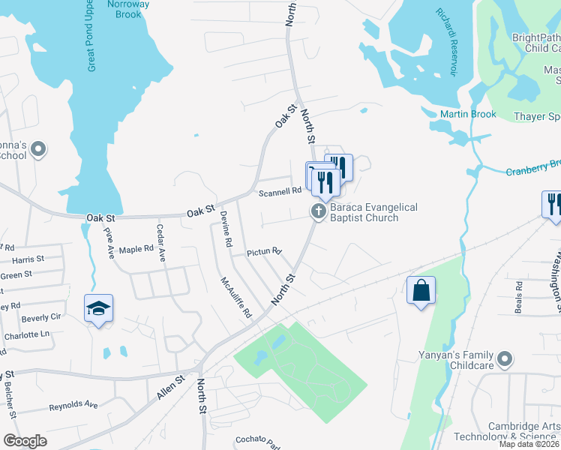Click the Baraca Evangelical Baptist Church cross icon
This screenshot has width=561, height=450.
[319, 211]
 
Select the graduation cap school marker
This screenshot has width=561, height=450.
[98, 309]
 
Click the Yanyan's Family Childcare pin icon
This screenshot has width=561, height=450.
[505, 358]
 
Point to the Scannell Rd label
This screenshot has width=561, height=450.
[280, 192]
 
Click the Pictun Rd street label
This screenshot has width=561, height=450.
[264, 252]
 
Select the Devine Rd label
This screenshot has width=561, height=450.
[224, 229]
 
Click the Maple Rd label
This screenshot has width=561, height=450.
[136, 249]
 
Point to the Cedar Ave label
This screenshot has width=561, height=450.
[160, 243]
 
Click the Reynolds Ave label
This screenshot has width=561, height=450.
[73, 405]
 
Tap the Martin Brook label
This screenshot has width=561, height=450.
[468, 114]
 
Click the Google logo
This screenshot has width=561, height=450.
[25, 441]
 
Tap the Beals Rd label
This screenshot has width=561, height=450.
[518, 298]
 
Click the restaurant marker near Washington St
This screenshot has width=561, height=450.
[552, 204]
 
